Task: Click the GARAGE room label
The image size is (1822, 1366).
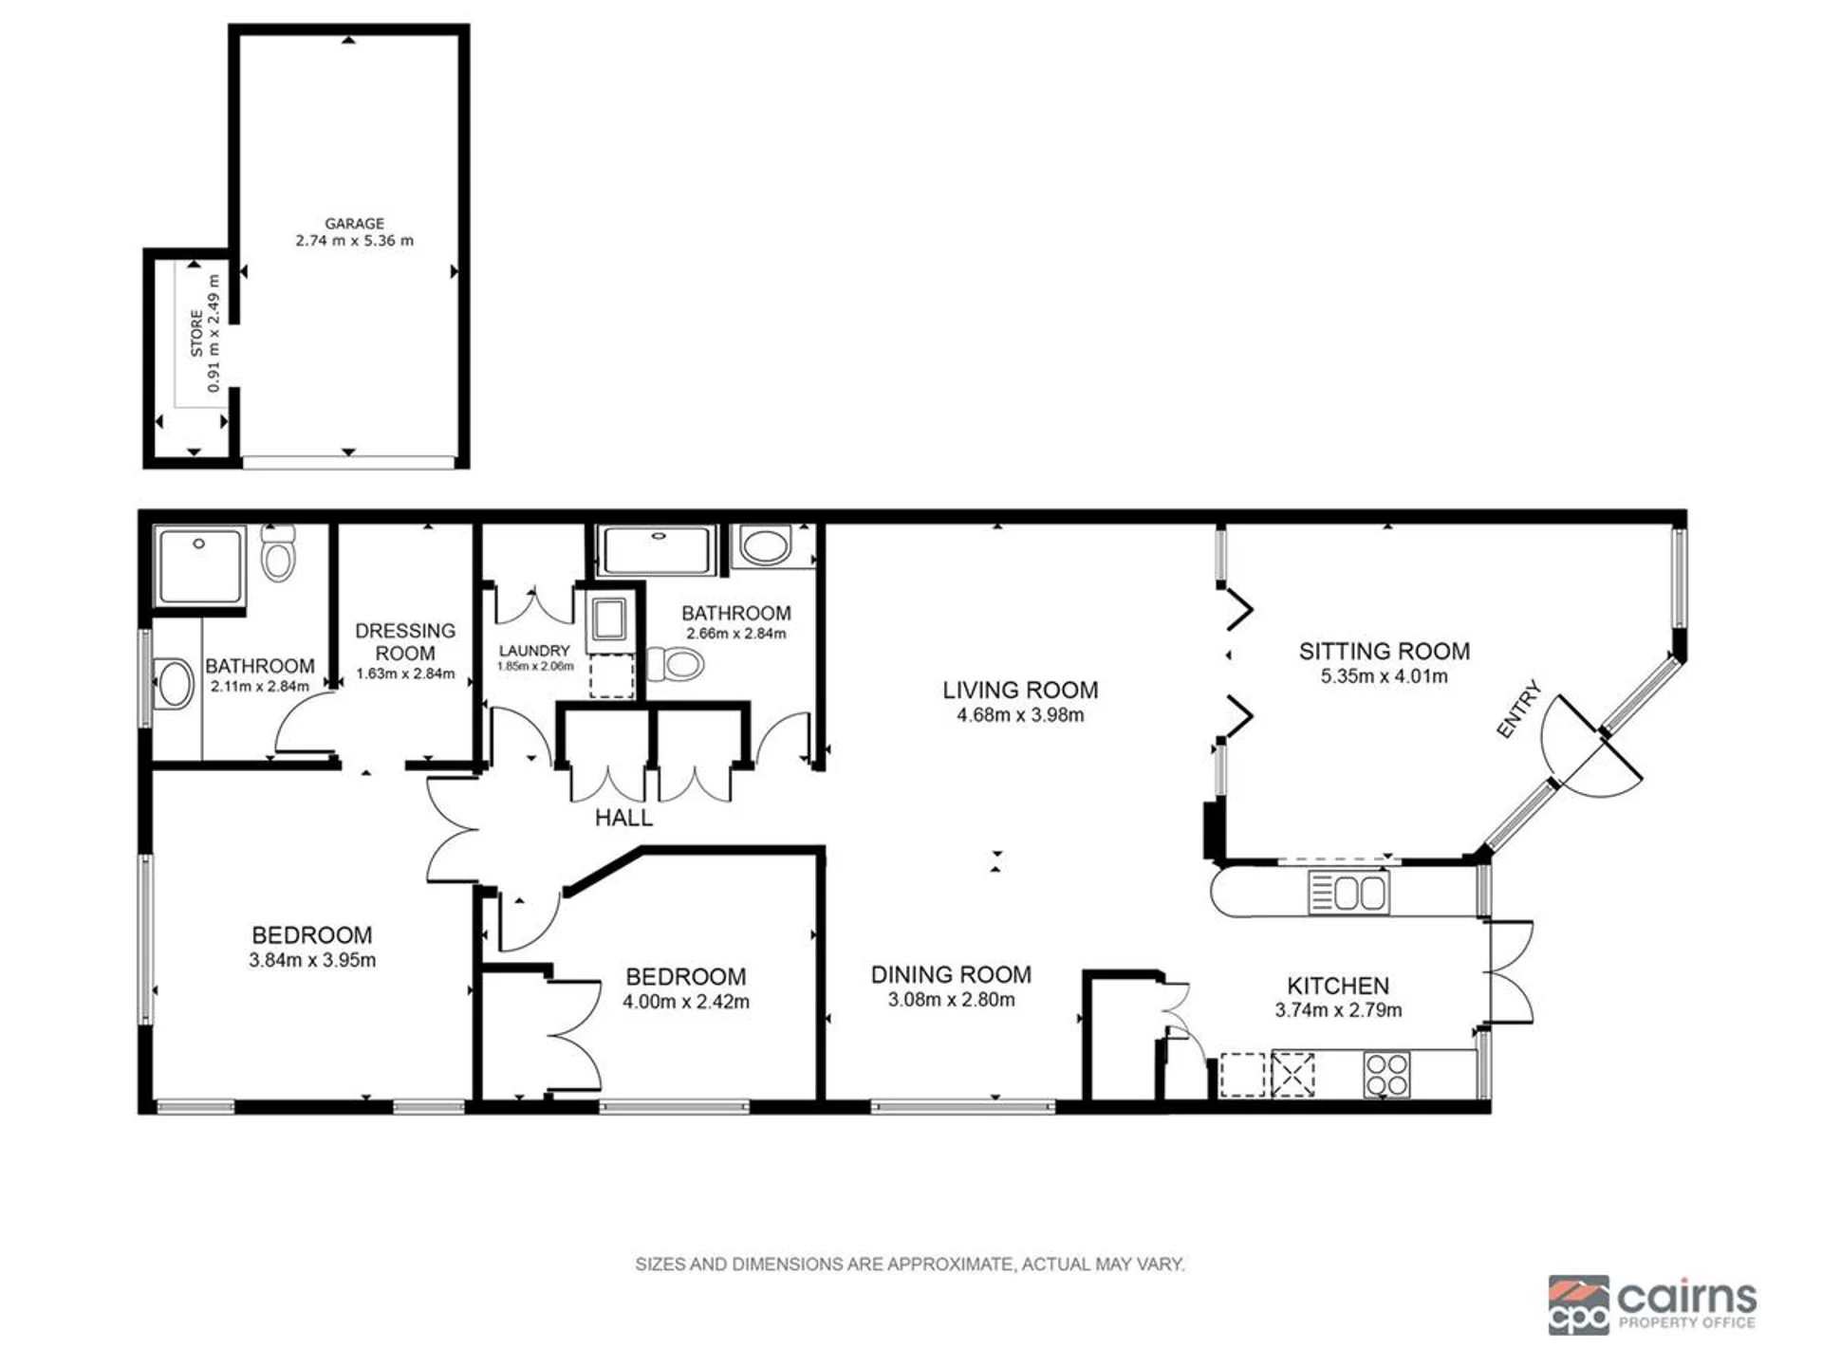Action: [354, 223]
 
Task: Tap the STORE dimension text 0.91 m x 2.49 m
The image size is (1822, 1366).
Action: [214, 333]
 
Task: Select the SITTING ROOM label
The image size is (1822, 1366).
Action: [1385, 651]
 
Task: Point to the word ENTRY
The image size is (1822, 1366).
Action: [1518, 709]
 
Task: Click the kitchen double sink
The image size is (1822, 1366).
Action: [1348, 893]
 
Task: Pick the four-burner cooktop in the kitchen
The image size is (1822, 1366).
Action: [1386, 1074]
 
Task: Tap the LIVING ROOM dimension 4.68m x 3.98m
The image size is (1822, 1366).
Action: [1020, 715]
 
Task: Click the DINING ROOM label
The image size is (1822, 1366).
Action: [951, 974]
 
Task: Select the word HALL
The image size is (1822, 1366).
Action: [623, 818]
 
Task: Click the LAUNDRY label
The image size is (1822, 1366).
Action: [534, 651]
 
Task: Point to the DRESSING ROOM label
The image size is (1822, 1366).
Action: [405, 642]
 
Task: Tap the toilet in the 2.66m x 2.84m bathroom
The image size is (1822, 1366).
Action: [676, 663]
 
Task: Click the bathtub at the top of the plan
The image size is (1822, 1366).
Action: [658, 550]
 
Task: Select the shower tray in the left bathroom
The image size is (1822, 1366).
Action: [199, 566]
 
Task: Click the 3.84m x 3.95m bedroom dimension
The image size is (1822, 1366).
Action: [312, 960]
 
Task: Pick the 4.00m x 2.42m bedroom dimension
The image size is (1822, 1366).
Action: [686, 1002]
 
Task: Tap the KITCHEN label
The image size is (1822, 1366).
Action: [1338, 986]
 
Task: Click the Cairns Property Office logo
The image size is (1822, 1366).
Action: [1652, 1305]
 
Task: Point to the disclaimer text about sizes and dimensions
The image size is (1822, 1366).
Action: [910, 1264]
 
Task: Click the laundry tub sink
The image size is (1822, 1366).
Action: [606, 619]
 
